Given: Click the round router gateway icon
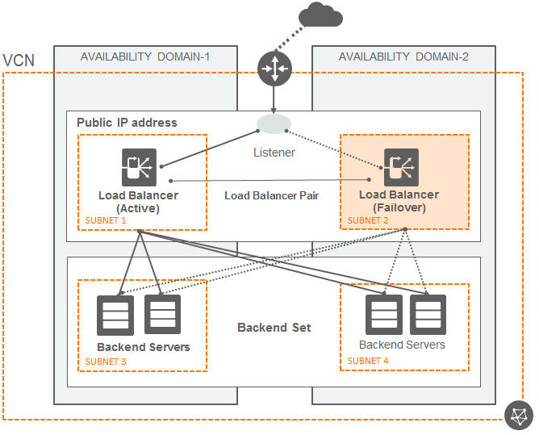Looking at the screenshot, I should [274, 69].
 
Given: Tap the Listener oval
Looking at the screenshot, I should [274, 123].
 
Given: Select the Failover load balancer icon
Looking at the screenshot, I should [400, 166].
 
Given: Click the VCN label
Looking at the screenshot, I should [19, 61].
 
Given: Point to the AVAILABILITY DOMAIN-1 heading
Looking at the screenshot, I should [145, 56].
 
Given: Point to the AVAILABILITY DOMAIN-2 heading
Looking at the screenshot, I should [403, 56].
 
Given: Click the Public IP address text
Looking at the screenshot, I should [127, 123].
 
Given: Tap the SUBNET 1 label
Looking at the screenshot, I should [107, 220].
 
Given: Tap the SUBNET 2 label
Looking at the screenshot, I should [369, 220].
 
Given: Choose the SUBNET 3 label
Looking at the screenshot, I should [107, 362].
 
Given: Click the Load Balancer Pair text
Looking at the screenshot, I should [272, 195].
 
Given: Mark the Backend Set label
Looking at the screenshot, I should [274, 328].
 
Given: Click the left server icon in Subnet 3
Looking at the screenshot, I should [115, 315].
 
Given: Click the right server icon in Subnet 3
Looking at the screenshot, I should [162, 314].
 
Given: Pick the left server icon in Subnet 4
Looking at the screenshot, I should [384, 314].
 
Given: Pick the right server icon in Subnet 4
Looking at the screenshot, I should [428, 314].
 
